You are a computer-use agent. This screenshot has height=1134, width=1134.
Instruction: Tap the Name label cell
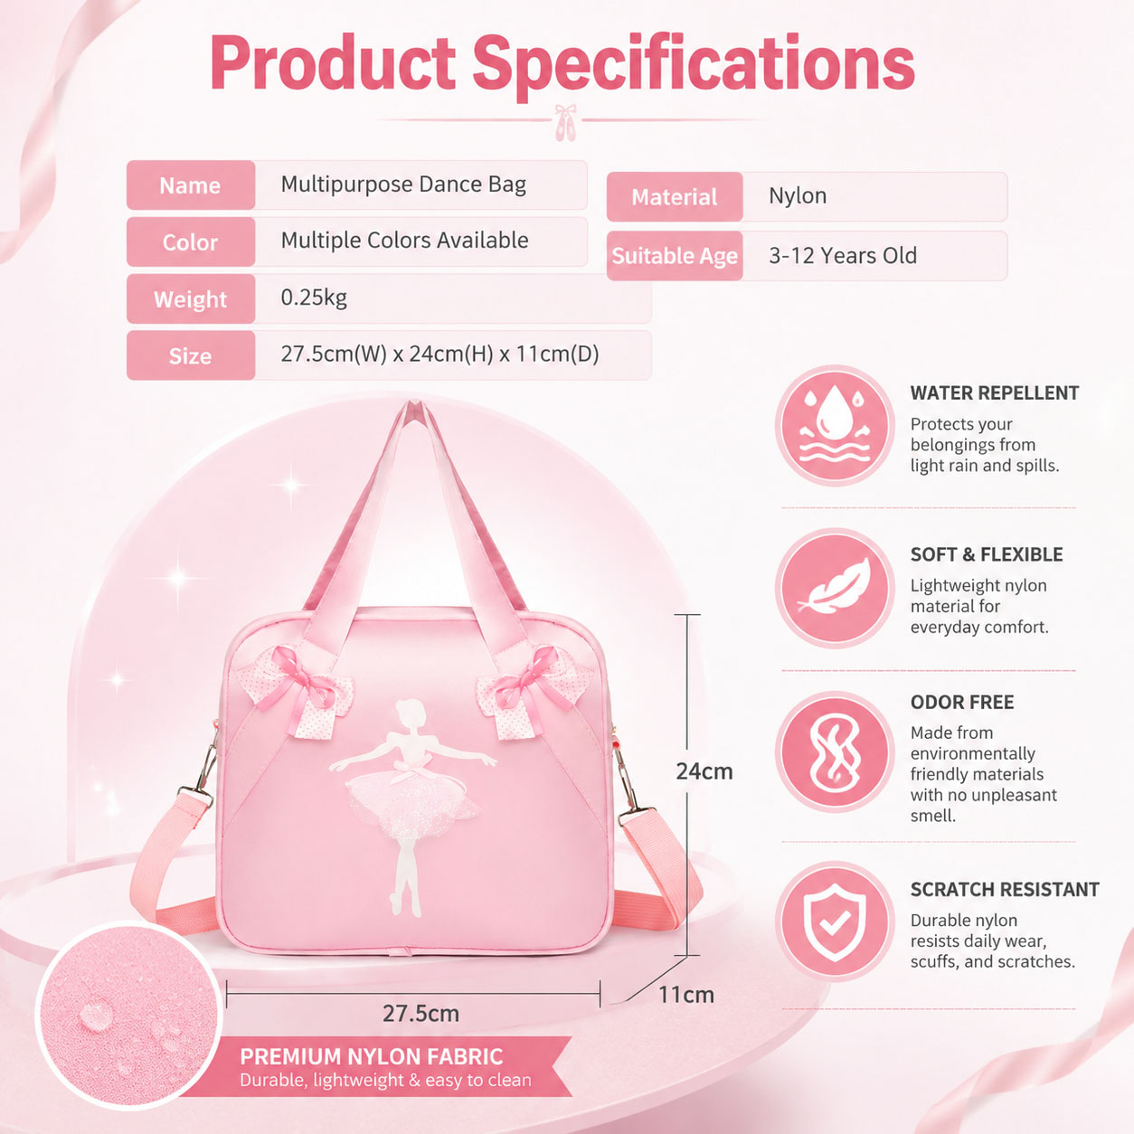click(191, 185)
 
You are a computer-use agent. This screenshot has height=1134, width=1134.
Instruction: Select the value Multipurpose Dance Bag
click(403, 184)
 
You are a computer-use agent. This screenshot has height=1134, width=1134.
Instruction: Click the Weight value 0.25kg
click(314, 298)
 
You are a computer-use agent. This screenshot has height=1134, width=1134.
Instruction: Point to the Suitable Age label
click(675, 256)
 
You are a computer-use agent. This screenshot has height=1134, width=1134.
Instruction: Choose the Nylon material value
click(798, 195)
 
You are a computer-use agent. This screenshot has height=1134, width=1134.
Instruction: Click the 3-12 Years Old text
click(843, 255)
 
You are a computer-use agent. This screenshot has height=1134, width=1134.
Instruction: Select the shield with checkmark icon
click(835, 921)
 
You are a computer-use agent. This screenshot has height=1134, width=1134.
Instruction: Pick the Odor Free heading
click(962, 702)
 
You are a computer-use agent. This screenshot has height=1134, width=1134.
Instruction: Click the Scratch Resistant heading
click(1005, 889)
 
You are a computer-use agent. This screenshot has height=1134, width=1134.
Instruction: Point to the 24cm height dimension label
click(704, 770)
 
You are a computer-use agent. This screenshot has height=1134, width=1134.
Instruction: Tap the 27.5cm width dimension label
click(421, 1013)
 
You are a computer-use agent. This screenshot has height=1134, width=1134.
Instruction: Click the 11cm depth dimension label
click(686, 995)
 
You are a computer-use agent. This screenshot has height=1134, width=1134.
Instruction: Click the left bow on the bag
click(298, 687)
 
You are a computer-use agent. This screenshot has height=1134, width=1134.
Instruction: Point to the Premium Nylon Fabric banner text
click(372, 1056)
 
